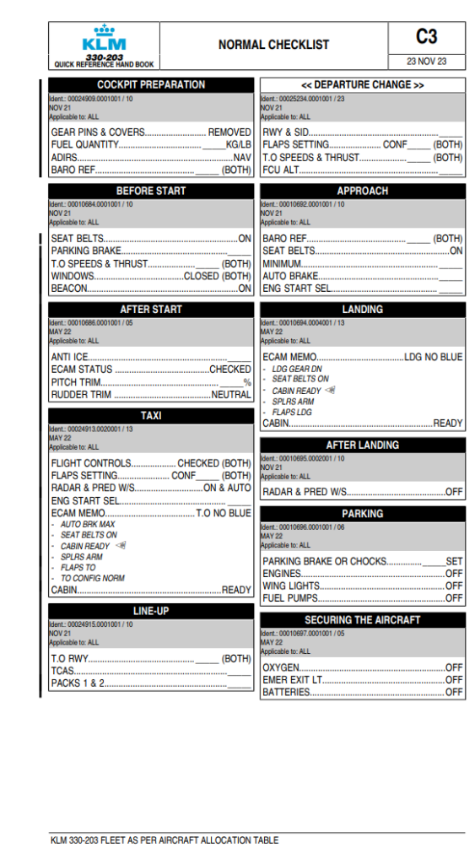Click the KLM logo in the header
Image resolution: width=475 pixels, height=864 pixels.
click(104, 39)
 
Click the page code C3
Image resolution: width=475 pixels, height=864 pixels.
click(426, 36)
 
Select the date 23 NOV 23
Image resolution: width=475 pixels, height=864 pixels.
click(426, 62)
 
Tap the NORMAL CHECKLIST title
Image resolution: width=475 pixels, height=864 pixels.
click(273, 45)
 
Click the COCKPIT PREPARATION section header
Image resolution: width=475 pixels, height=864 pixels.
click(151, 85)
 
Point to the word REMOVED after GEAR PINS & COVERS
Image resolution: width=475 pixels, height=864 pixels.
click(229, 132)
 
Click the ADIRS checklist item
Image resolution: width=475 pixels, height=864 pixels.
click(65, 158)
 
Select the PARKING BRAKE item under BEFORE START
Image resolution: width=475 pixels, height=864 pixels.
click(87, 251)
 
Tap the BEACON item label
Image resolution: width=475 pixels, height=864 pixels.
click(69, 289)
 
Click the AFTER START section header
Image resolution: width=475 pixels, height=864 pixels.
click(151, 310)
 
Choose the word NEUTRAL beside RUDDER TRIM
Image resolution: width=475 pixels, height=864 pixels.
click(231, 395)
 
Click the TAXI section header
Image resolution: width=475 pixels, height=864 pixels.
click(151, 416)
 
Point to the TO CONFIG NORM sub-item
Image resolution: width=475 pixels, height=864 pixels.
click(93, 579)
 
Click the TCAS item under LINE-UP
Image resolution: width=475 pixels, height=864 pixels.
click(62, 671)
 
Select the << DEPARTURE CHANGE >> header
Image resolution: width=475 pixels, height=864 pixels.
click(363, 85)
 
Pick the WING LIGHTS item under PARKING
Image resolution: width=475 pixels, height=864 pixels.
click(291, 586)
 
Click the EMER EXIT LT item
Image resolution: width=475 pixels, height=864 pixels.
click(293, 680)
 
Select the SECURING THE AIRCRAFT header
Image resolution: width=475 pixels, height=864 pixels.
click(363, 620)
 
